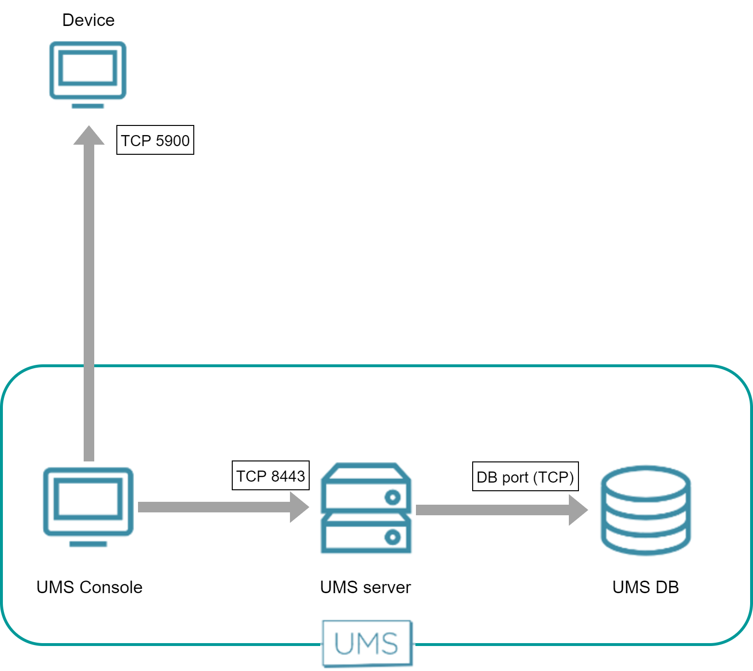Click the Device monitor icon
tap(88, 71)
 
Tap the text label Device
tap(88, 20)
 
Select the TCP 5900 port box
tap(155, 140)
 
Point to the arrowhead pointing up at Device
tap(89, 136)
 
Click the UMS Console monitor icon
tap(88, 502)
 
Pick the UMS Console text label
tap(89, 587)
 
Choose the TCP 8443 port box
tap(270, 475)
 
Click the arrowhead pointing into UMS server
tap(300, 507)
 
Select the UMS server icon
tap(366, 508)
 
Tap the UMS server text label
tap(365, 587)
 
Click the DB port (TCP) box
tap(525, 476)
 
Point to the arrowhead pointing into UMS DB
tap(578, 510)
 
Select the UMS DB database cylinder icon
tap(646, 510)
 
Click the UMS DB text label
tap(645, 587)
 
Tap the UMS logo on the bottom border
tap(367, 643)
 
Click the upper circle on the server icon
tap(393, 497)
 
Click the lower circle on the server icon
tap(393, 537)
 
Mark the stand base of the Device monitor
tap(88, 106)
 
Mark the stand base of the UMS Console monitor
tap(88, 544)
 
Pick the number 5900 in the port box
tap(173, 140)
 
